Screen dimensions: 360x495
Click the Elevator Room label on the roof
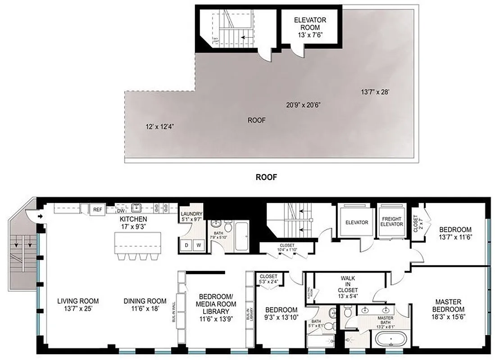pyautogui.click(x=310, y=24)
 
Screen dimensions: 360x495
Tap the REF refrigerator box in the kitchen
pyautogui.click(x=97, y=209)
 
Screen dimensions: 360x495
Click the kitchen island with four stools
pyautogui.click(x=138, y=243)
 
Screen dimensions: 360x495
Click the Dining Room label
pyautogui.click(x=145, y=301)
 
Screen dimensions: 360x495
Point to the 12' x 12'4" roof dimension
pyautogui.click(x=160, y=126)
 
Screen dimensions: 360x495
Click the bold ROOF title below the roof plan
pyautogui.click(x=266, y=177)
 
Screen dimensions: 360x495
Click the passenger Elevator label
pyautogui.click(x=357, y=222)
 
